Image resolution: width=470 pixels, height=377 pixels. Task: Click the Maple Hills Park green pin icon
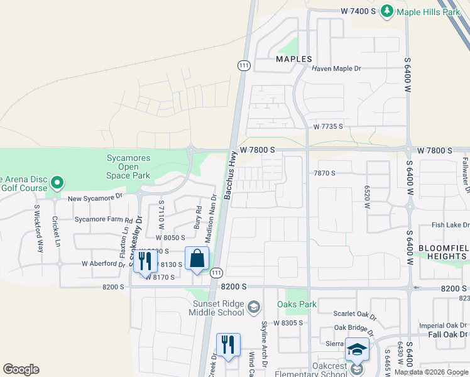[x=387, y=11]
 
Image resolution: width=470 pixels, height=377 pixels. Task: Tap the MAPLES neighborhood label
[x=294, y=59]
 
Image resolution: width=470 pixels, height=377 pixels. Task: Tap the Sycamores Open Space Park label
[x=128, y=167]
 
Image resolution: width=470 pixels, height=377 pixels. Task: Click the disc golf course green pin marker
[x=57, y=183]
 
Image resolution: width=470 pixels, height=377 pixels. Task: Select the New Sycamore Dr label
[x=94, y=198]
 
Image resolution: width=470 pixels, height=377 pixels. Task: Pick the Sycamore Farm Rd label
[x=104, y=221]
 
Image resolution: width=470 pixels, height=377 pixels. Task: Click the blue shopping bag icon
[x=197, y=258]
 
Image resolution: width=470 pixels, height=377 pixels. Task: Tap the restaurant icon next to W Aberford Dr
[x=145, y=261]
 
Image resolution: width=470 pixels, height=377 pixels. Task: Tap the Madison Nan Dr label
[x=210, y=217]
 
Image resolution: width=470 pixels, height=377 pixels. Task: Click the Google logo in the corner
[x=21, y=369]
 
